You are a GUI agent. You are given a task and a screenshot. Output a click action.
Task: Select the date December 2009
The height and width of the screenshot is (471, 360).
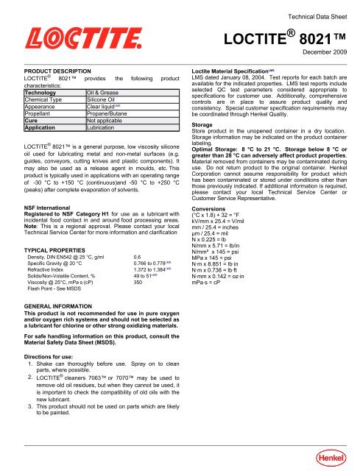[326, 54]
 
